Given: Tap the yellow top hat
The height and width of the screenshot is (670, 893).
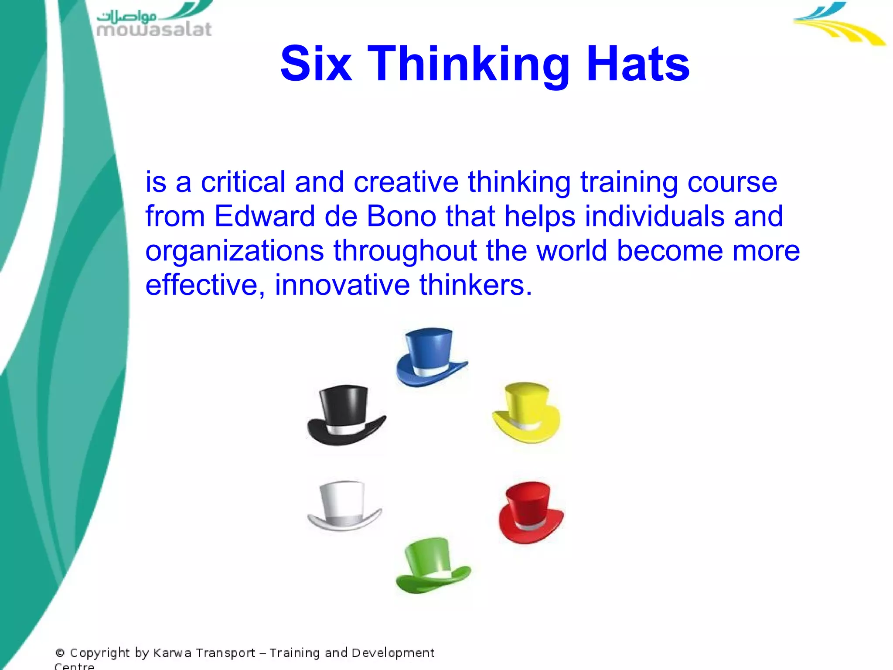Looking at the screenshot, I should [526, 412].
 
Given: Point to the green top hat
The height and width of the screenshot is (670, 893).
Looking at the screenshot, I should [432, 565].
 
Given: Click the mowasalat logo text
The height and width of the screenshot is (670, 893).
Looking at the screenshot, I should [154, 29].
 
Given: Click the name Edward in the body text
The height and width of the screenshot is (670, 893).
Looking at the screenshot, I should [264, 216].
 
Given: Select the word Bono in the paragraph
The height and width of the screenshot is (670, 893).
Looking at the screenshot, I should [401, 216].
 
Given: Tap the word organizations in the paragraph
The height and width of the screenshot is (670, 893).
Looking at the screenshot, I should [234, 251].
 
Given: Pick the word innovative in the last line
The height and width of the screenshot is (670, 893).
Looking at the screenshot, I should [342, 285].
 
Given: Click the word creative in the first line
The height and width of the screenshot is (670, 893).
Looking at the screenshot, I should [406, 182].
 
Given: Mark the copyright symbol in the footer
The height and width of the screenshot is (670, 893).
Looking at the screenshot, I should [60, 653].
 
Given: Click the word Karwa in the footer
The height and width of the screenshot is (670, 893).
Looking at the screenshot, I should [172, 653].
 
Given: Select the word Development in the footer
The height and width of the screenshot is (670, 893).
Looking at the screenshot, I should [392, 653].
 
